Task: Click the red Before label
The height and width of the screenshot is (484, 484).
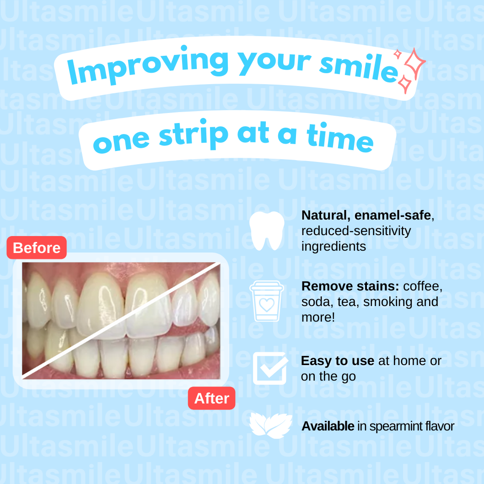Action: [37, 247]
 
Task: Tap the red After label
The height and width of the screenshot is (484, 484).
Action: [211, 398]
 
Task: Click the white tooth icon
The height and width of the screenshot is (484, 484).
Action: [267, 231]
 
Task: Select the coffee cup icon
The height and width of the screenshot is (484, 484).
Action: [267, 301]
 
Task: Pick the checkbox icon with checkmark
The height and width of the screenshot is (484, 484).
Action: [270, 368]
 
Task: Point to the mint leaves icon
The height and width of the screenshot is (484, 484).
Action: [271, 425]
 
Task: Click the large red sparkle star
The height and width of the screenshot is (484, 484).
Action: [414, 64]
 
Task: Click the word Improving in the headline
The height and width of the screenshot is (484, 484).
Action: [148, 66]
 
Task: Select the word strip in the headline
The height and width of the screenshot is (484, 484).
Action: [194, 134]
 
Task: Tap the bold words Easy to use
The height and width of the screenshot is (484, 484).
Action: [338, 360]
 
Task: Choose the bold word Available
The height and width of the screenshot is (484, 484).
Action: [328, 426]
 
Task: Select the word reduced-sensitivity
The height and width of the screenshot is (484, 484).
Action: [356, 231]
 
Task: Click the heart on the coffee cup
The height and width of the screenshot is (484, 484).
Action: [267, 305]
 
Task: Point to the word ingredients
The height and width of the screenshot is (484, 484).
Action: [333, 247]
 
